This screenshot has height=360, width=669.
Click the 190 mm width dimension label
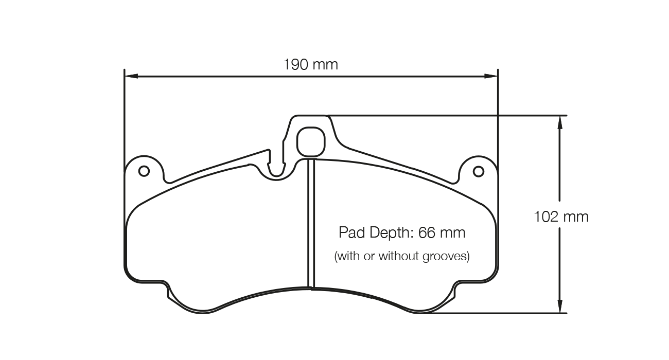pyautogui.click(x=310, y=65)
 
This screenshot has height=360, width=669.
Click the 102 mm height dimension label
pyautogui.click(x=561, y=217)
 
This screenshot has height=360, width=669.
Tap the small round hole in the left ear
pyautogui.click(x=144, y=171)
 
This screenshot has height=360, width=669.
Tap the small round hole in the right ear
pyautogui.click(x=478, y=171)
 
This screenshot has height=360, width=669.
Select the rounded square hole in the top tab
pyautogui.click(x=311, y=141)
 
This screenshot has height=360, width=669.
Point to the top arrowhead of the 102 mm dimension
pyautogui.click(x=559, y=121)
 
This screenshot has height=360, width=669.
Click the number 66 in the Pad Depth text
pyautogui.click(x=427, y=233)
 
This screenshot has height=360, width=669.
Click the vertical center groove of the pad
pyautogui.click(x=311, y=221)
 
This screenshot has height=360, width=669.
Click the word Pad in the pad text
pyautogui.click(x=351, y=233)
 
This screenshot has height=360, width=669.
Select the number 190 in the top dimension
pyautogui.click(x=295, y=65)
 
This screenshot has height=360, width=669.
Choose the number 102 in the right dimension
pyautogui.click(x=546, y=217)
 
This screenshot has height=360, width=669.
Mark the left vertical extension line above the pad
pyautogui.click(x=125, y=113)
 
